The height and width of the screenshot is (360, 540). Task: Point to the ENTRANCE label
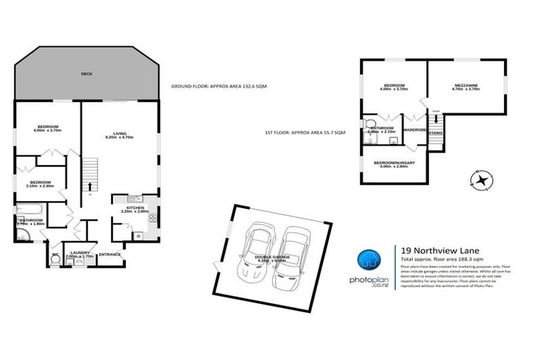tap(110, 254)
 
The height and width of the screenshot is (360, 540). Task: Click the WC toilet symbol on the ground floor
tap(55, 258)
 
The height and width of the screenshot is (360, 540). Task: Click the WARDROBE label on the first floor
tap(416, 129)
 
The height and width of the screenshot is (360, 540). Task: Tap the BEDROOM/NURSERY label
tap(394, 165)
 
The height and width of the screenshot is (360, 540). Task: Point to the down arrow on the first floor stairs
tap(436, 120)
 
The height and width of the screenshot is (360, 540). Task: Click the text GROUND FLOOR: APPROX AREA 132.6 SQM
tap(219, 86)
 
